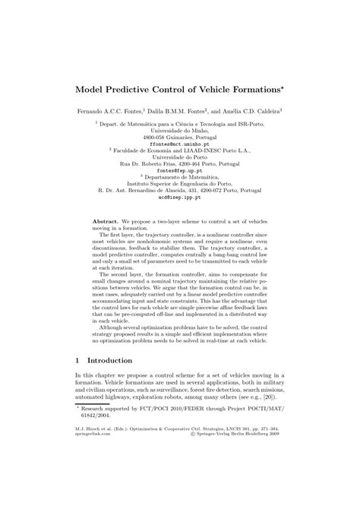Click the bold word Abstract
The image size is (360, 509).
coord(105,220)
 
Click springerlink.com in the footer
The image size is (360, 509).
coord(93,454)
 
